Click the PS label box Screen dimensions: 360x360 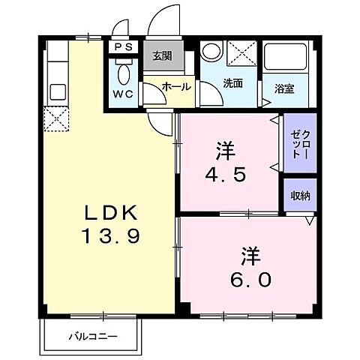tap(123, 46)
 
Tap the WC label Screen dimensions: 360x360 tap(124, 94)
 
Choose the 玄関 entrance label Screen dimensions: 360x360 tap(162, 56)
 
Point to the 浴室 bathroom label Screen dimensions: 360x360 tap(283, 88)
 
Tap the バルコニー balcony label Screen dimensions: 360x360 tap(94, 335)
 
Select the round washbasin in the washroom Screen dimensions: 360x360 tap(210, 52)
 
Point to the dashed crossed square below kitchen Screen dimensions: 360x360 tap(55, 118)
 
